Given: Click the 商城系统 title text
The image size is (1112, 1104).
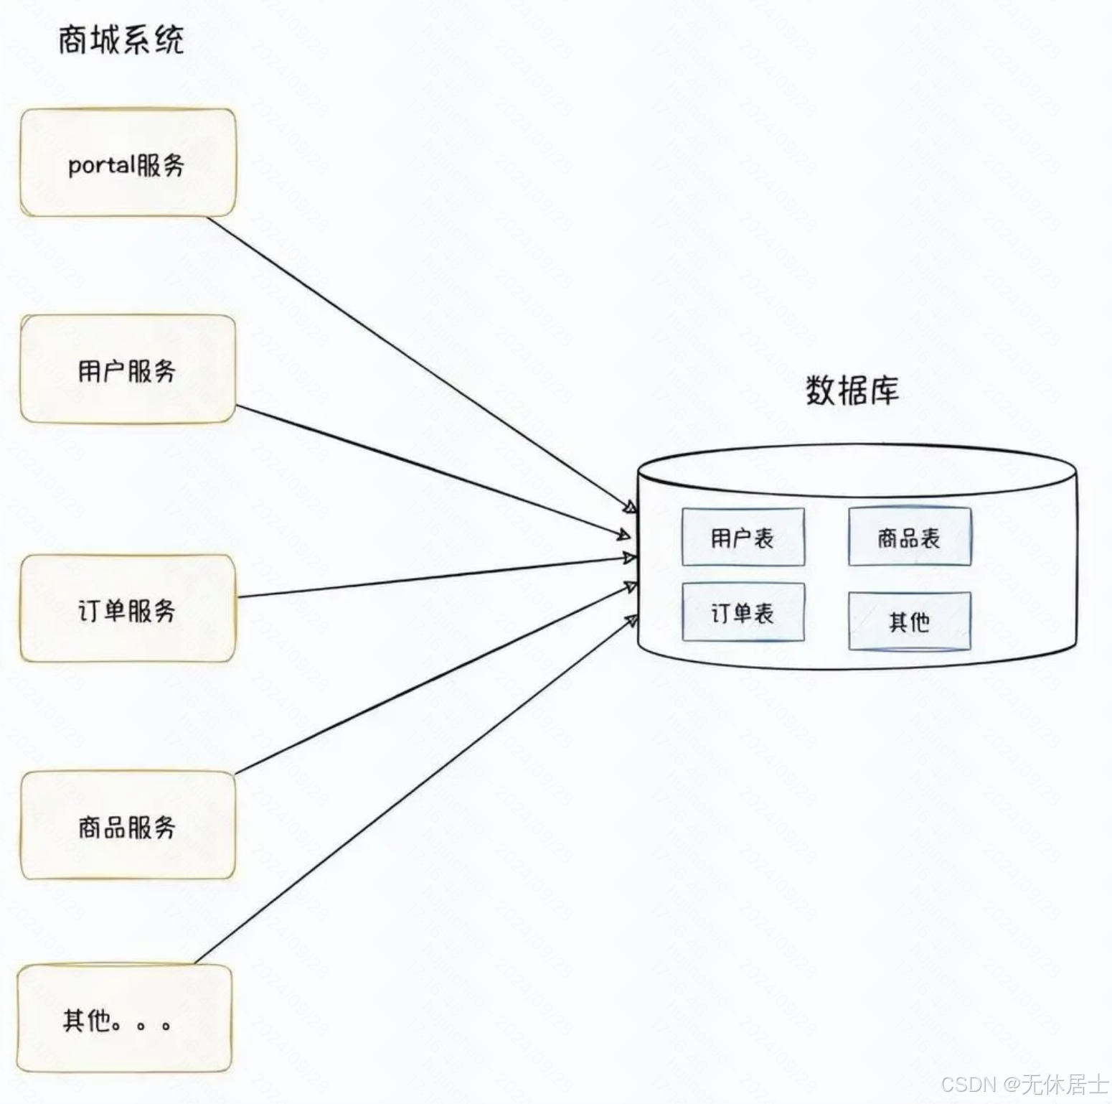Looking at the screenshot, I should (x=121, y=39).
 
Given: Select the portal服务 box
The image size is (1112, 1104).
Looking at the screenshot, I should (x=128, y=163).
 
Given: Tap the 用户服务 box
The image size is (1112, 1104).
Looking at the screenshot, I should (x=128, y=369).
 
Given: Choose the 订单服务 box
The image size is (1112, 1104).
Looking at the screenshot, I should (x=128, y=608).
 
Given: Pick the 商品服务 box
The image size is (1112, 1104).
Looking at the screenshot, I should (x=128, y=825).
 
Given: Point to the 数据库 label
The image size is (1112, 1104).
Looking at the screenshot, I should (x=852, y=390).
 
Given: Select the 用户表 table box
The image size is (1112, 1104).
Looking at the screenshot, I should (x=743, y=537).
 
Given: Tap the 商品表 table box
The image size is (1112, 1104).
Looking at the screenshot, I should (x=910, y=537).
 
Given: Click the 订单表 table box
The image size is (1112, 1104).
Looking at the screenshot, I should (x=743, y=612).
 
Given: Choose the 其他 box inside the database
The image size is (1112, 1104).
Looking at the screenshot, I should (x=910, y=621).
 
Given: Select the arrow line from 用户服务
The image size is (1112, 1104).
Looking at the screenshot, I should (x=430, y=469).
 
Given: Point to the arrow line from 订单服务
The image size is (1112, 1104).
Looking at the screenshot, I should (x=430, y=576).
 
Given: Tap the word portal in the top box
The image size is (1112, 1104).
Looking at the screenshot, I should (x=101, y=166).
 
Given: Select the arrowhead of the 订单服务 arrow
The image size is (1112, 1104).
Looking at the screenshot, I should (x=629, y=558).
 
